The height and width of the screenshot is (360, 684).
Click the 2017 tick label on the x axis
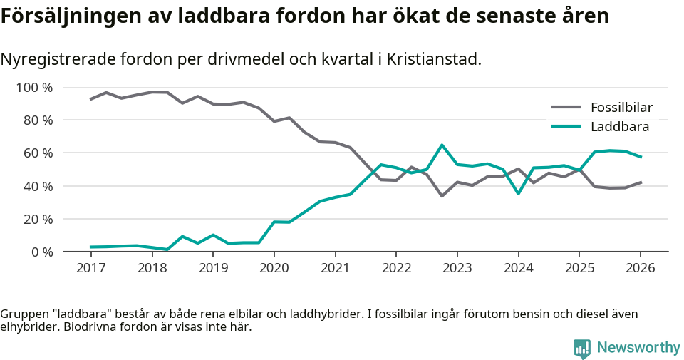point(90,268)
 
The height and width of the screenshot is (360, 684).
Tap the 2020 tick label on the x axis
point(274,268)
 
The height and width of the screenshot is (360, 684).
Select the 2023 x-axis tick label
point(457,268)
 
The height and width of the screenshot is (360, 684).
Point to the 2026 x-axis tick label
point(640,268)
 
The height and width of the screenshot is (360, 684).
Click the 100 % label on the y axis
point(34,88)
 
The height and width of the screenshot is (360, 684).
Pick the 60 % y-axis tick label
point(38,153)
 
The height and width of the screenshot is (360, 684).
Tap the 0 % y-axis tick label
point(41,252)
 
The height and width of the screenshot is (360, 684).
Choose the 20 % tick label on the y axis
point(38,219)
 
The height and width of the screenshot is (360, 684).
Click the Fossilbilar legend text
point(621,108)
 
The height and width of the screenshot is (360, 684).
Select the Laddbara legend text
point(619,127)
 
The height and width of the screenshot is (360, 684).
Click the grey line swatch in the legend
point(566,108)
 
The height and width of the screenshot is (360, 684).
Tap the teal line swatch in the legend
point(566,127)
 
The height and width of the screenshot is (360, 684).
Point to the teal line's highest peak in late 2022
point(442,145)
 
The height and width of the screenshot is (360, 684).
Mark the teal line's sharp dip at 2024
point(518,193)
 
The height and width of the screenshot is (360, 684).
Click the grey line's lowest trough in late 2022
point(442,195)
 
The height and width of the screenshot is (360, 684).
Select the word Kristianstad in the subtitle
point(430,59)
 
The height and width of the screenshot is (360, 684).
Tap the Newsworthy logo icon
point(582,348)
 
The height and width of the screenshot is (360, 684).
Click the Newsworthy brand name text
point(638,348)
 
